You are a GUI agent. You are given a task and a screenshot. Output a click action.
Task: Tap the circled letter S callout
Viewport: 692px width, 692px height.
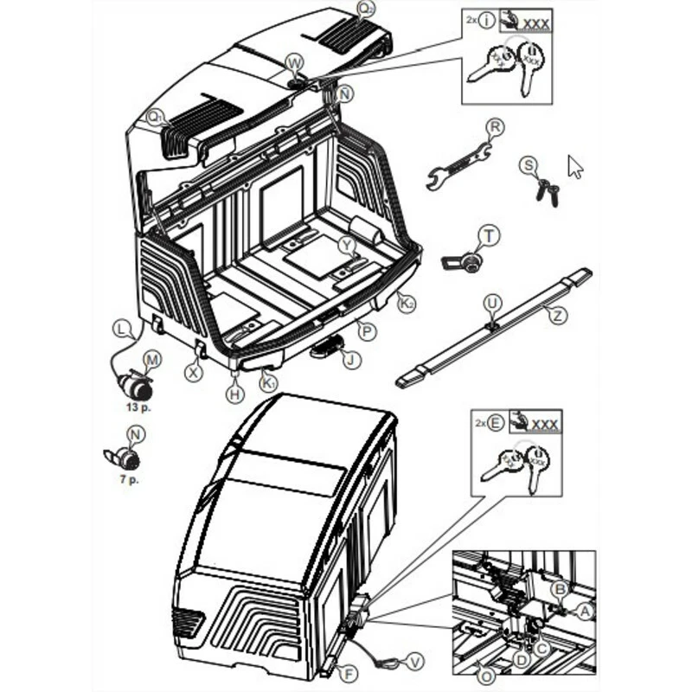tap(529, 165)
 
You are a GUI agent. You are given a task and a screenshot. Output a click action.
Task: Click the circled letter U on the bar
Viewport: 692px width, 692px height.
tap(492, 303)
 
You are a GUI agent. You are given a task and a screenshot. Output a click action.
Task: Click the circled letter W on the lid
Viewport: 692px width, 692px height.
tap(294, 63)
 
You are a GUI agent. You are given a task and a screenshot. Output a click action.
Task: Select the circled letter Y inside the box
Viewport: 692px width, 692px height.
tap(347, 246)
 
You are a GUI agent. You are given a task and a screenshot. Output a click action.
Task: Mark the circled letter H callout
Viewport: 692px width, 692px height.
tap(234, 394)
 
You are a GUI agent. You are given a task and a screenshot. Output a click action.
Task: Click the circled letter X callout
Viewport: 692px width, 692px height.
tap(194, 372)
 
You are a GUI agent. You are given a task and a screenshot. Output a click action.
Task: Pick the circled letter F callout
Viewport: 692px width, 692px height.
tap(349, 672)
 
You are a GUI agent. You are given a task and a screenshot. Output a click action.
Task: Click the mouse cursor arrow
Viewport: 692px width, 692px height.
tap(575, 166)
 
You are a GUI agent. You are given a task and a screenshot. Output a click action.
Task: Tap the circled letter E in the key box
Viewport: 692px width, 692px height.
tap(495, 424)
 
